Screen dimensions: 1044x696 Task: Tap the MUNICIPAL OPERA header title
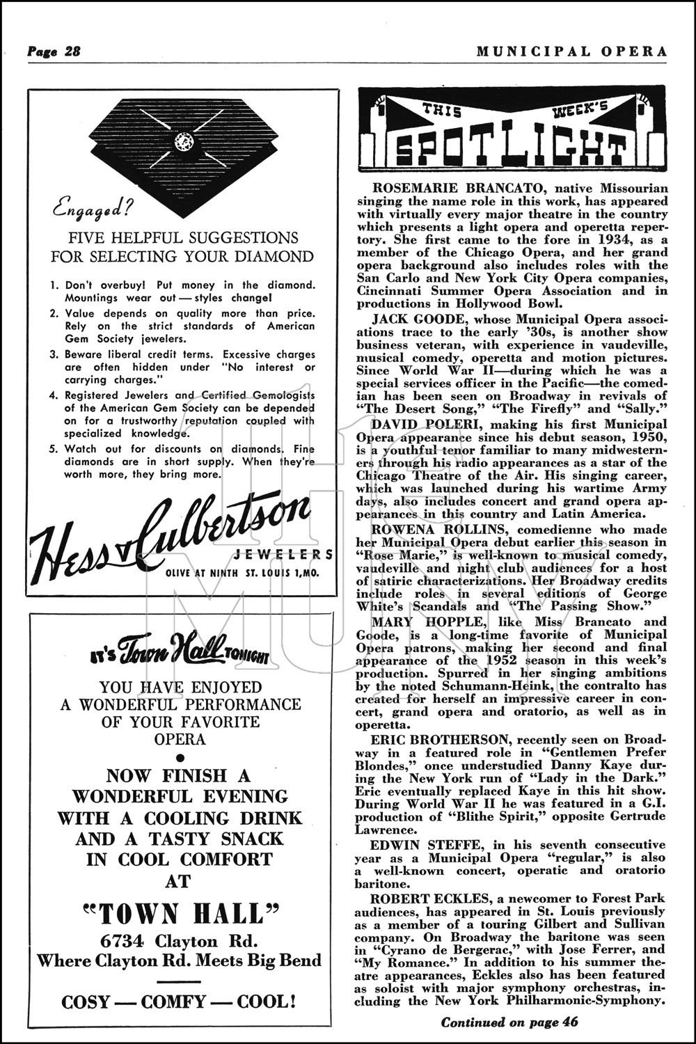tap(572, 51)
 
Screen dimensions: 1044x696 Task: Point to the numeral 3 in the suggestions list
tap(54, 355)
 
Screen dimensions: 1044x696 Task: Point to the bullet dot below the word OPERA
tap(180, 757)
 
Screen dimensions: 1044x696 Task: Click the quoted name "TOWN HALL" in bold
tap(180, 912)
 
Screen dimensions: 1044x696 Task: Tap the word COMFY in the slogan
tap(173, 1002)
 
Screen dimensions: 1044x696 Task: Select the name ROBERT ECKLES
tap(419, 898)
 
